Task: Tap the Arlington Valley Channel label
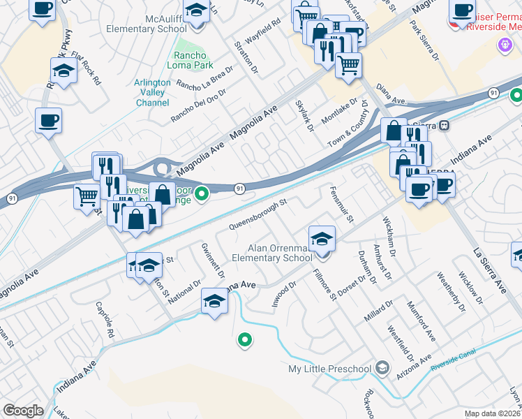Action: [152, 92]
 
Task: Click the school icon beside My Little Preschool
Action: [381, 367]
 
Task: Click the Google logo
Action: [23, 410]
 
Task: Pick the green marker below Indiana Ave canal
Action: [244, 340]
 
